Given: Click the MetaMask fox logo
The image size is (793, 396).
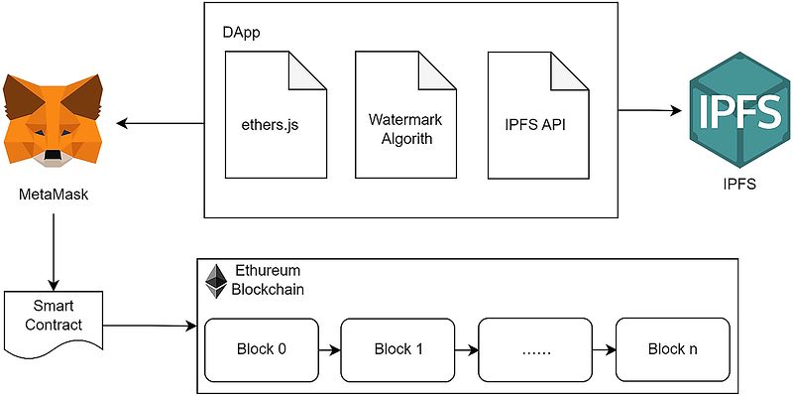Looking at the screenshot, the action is [x=53, y=120].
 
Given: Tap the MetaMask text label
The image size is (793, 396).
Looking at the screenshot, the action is [x=54, y=194].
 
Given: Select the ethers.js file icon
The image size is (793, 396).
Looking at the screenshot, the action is [x=276, y=114].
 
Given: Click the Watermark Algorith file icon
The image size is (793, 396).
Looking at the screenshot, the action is [x=406, y=114].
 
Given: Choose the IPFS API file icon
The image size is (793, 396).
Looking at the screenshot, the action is [x=538, y=114].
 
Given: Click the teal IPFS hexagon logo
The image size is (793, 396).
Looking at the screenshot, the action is [x=738, y=110].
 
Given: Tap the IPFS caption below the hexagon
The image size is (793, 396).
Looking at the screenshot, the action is [x=738, y=184].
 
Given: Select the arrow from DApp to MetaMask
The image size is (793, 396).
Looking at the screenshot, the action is [x=161, y=123].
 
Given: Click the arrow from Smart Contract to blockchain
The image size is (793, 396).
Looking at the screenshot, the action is [x=150, y=326].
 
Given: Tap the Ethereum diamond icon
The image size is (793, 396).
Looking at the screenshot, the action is [x=216, y=281].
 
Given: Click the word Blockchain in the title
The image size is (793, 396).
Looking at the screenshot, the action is [x=268, y=290].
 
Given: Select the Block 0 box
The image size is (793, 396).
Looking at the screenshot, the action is [x=261, y=349].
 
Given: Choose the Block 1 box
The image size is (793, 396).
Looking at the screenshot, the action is [x=398, y=349].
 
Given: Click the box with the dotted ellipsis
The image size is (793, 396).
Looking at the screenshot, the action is [x=535, y=349].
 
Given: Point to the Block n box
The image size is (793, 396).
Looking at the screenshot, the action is [x=673, y=349].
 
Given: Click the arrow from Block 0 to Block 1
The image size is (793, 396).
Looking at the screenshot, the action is [x=330, y=349].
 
